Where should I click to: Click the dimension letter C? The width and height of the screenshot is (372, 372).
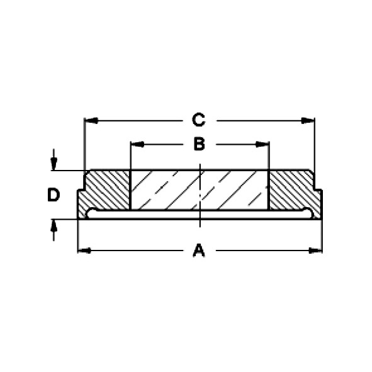(x=198, y=120)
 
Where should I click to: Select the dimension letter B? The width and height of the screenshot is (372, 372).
(x=199, y=144)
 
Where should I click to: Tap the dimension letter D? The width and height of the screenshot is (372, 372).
(x=54, y=194)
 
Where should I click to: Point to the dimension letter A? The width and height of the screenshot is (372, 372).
(x=199, y=250)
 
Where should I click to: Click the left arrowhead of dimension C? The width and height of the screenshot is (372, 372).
(x=91, y=120)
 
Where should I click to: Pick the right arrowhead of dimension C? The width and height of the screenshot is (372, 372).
(x=308, y=120)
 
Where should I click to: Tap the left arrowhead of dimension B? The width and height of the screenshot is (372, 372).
(x=138, y=144)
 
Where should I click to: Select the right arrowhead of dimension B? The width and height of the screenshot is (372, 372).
(x=262, y=144)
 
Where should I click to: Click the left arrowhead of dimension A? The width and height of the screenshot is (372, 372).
(x=85, y=251)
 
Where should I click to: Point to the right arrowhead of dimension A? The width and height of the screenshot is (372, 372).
(x=315, y=251)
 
